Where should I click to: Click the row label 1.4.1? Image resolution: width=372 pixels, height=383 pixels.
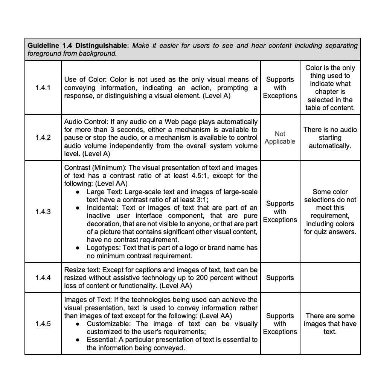[x=43, y=88]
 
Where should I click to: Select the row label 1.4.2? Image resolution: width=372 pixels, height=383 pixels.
[x=43, y=138]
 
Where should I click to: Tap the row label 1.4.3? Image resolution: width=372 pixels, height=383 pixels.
[x=43, y=212]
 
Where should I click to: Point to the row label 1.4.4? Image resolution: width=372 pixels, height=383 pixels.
[x=43, y=278]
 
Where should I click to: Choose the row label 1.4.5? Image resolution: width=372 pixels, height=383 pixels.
[x=43, y=324]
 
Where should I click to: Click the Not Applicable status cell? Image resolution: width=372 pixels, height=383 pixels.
[x=280, y=138]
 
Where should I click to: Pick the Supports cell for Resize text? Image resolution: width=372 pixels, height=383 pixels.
[x=280, y=278]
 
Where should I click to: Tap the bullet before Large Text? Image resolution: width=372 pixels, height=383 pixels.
[x=78, y=192]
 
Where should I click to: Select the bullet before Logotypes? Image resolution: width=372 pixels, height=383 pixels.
[x=78, y=248]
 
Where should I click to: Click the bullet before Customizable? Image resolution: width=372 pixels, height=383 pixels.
[x=78, y=324]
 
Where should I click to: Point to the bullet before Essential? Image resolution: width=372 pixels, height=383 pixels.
[x=78, y=340]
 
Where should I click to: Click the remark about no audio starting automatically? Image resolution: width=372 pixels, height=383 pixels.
[x=330, y=138]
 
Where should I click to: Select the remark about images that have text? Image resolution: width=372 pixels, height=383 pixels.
[x=330, y=324]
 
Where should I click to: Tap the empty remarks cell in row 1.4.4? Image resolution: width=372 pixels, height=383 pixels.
[x=330, y=278]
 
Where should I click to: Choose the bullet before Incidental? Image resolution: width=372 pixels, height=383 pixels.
[x=78, y=208]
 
